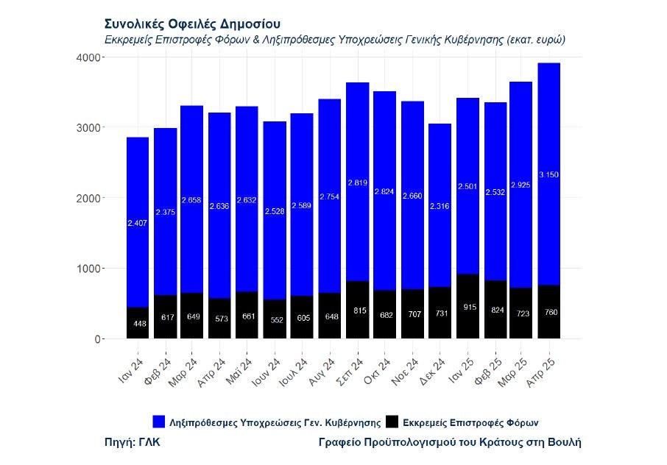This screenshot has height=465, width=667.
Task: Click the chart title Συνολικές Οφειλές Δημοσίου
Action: pyautogui.click(x=192, y=25)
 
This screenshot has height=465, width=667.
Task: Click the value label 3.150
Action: pyautogui.click(x=548, y=174)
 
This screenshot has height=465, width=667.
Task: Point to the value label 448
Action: pyautogui.click(x=140, y=323)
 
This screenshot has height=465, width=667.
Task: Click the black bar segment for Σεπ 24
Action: pyautogui.click(x=357, y=309)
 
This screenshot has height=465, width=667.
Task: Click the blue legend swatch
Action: pyautogui.click(x=159, y=422)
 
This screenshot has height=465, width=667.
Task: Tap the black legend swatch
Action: pyautogui.click(x=392, y=422)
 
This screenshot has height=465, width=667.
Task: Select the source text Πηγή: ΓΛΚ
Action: pyautogui.click(x=133, y=442)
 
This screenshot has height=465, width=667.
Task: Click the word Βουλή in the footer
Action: pyautogui.click(x=564, y=442)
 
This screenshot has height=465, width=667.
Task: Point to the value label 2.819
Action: pyautogui.click(x=357, y=182)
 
